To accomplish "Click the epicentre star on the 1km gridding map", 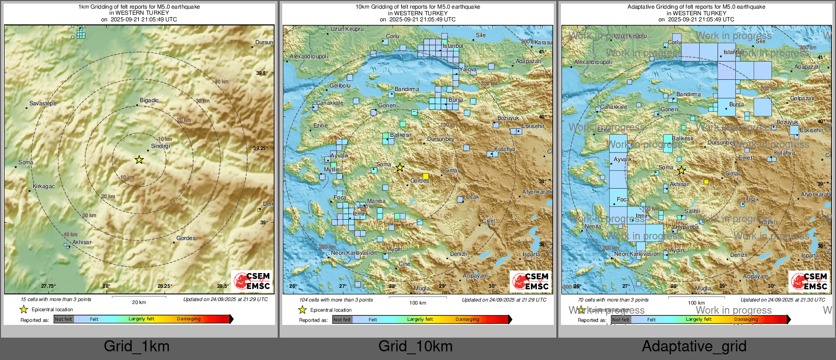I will tap(139, 160).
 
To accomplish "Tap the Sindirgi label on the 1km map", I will tap(161, 146).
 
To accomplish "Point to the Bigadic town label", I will tap(149, 100).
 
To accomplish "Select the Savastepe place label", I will tap(43, 103).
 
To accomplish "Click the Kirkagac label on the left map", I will tap(43, 186).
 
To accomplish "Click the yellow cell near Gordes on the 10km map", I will tap(426, 176).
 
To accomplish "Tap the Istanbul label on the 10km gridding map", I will tap(453, 46).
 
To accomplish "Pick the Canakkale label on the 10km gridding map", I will tap(330, 103).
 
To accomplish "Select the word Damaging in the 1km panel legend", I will tap(189, 319).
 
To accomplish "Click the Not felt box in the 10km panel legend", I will tap(342, 320).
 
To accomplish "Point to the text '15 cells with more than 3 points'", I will tap(56, 299).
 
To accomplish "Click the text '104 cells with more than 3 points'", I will tap(336, 300).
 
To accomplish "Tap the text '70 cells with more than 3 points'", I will tap(613, 300).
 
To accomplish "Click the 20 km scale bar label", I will tap(139, 303).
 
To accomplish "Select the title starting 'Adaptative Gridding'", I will tap(696, 7).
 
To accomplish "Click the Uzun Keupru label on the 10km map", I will tap(347, 29).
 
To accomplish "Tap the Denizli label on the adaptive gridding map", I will tap(738, 255).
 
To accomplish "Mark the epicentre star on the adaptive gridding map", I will tap(681, 170).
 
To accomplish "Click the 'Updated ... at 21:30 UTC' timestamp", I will tap(783, 300).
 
